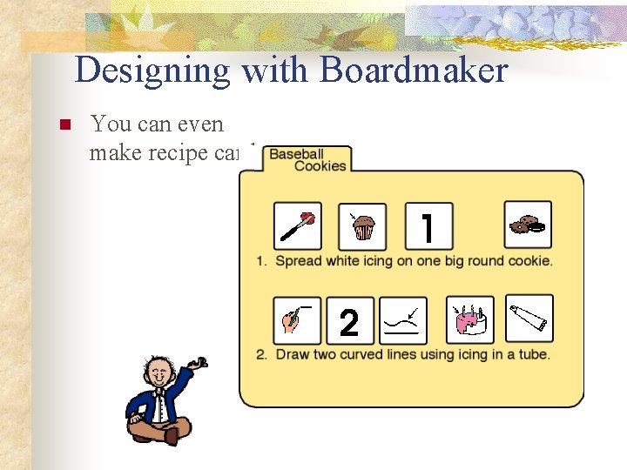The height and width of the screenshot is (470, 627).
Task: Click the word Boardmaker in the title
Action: pos(414,70)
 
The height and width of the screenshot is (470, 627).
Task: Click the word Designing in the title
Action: pos(153,71)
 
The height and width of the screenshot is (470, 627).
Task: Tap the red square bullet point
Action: pos(62,126)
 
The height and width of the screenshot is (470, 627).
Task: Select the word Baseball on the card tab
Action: pos(297,154)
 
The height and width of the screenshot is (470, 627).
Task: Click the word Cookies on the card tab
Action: pos(320,166)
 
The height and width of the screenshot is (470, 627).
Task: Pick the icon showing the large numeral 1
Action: pos(428,226)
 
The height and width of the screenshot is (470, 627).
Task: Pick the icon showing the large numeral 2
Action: pos(349,321)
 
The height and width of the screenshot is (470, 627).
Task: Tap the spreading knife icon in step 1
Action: pos(298,226)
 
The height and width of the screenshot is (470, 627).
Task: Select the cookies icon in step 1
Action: pos(528,225)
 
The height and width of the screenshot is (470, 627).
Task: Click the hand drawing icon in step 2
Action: pos(296,320)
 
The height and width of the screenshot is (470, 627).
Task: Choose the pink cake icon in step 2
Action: pos(469,320)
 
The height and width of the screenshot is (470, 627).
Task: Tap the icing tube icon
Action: pos(529,319)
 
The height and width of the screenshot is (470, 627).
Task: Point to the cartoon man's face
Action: pos(158,376)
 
